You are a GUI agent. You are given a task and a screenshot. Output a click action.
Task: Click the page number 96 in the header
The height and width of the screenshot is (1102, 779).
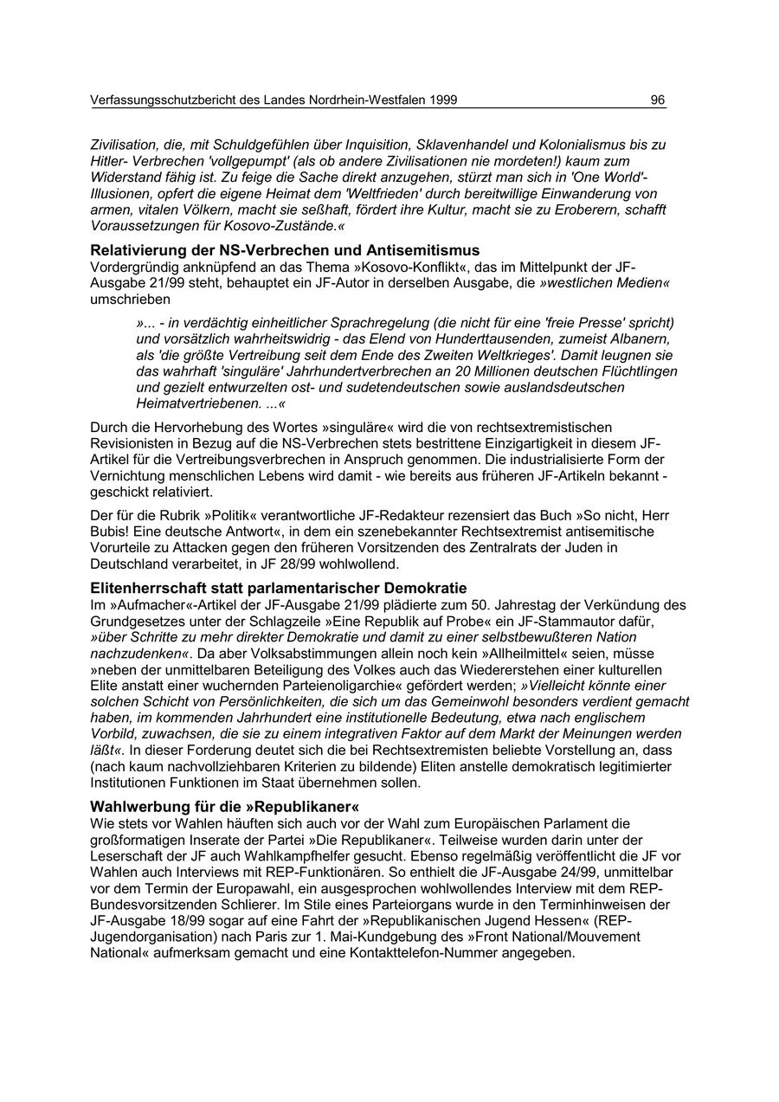coord(658,100)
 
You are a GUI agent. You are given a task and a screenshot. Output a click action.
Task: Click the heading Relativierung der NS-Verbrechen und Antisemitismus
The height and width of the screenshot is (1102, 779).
coord(285,251)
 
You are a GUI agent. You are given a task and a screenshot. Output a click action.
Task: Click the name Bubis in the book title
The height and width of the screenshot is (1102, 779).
coord(111,531)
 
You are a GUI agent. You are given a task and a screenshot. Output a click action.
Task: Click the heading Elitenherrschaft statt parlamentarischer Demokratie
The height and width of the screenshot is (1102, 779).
coord(279,588)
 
